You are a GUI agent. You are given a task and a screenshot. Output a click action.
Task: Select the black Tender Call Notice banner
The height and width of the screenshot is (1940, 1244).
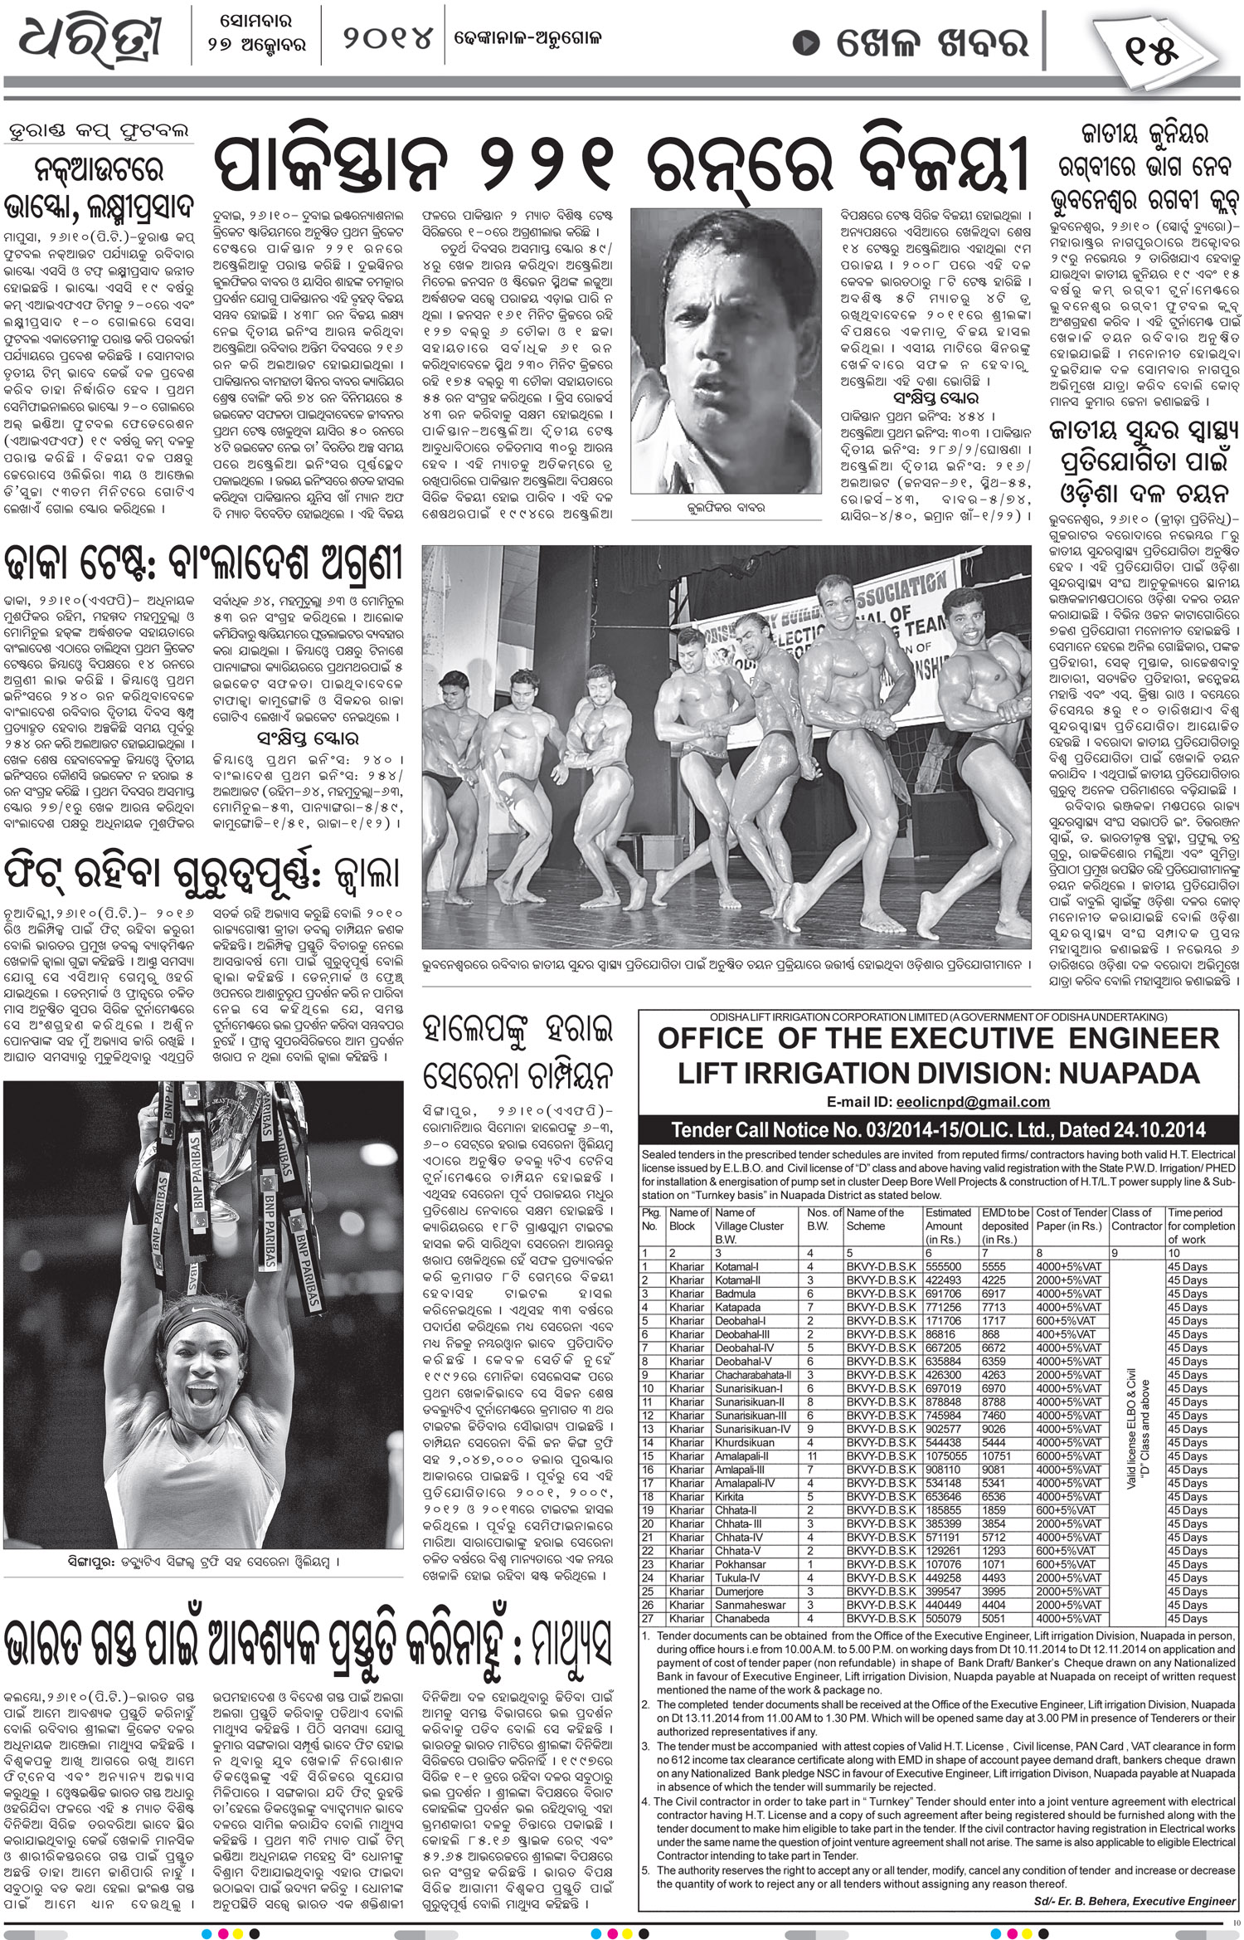point(938,1129)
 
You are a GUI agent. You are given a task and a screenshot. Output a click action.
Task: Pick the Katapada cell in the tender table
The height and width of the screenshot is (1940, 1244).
point(738,1307)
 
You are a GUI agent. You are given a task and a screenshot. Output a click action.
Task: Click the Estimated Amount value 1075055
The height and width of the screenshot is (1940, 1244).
point(946,1455)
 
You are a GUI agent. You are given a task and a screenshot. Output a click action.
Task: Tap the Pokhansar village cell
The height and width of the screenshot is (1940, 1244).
point(741,1563)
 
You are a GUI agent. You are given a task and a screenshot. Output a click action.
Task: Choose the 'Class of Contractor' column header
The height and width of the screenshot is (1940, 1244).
point(1136,1219)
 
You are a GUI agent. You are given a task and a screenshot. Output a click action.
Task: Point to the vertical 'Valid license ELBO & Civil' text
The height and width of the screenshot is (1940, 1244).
point(1136,1444)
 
